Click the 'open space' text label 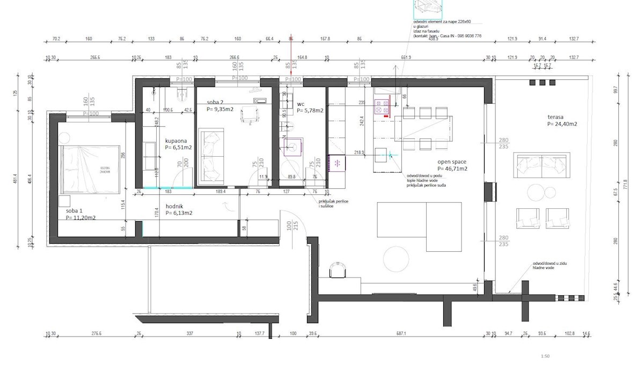[x=451, y=162]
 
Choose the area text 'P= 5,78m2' [x=310, y=111]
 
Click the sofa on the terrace [x=541, y=165]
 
